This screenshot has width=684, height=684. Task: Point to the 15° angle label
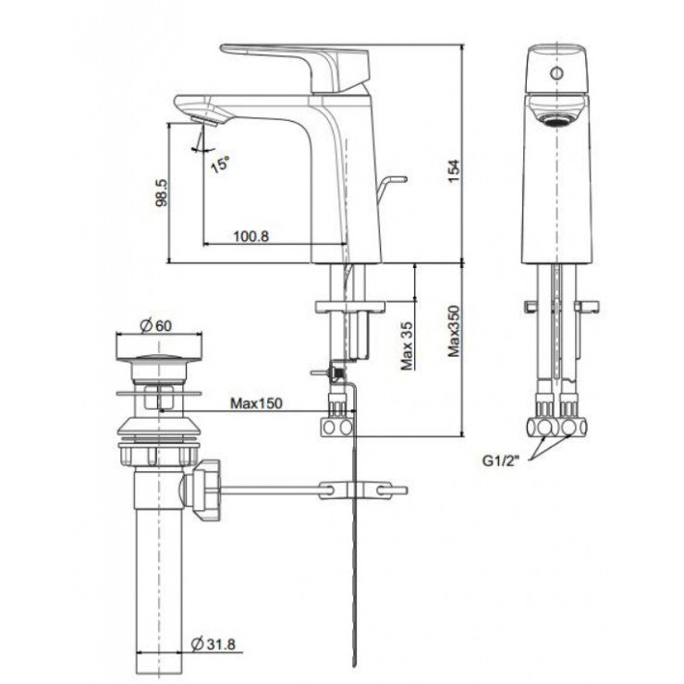click(220, 165)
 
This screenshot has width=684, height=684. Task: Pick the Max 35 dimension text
click(407, 348)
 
